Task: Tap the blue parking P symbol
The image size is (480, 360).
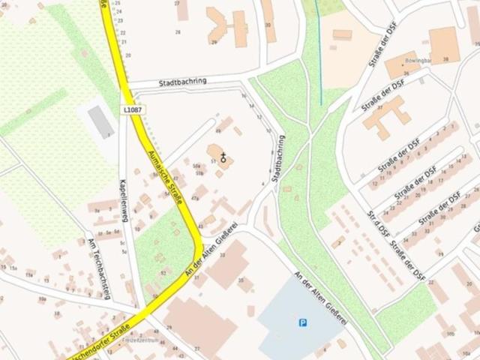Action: click(303, 323)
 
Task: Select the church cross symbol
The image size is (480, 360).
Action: click(223, 157)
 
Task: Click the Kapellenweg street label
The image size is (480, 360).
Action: click(124, 202)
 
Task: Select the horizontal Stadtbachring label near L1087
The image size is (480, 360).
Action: click(182, 82)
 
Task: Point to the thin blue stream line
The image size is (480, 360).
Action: click(319, 52)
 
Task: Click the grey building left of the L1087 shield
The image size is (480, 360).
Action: click(100, 122)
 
